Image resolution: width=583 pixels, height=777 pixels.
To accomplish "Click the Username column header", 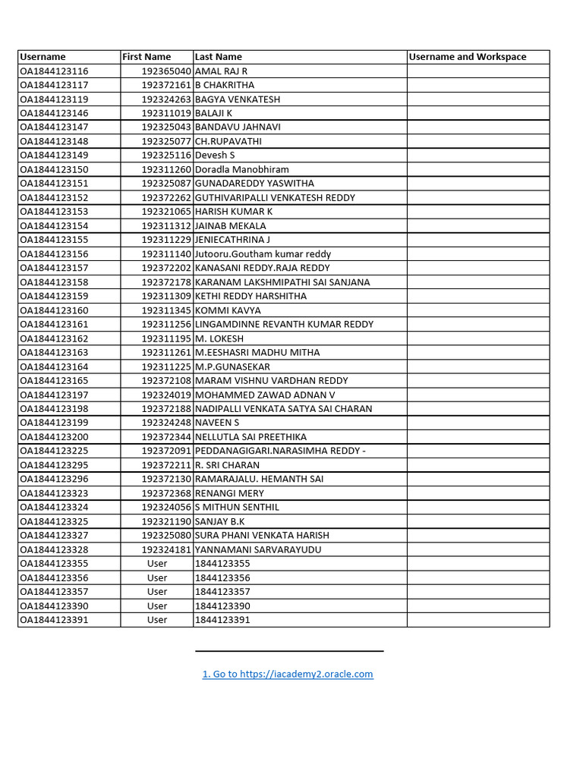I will [x=43, y=57].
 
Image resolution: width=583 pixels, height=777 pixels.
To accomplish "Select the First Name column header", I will [x=147, y=57].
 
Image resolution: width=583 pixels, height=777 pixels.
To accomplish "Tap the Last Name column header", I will [x=219, y=57].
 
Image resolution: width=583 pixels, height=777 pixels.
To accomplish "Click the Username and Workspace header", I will [x=467, y=57].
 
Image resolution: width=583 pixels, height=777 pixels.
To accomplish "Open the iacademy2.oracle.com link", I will [x=288, y=674].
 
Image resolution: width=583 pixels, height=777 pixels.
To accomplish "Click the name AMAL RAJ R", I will [x=222, y=71].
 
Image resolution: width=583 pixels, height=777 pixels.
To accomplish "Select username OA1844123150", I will [x=54, y=169].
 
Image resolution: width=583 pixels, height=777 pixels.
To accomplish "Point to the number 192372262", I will [x=166, y=197].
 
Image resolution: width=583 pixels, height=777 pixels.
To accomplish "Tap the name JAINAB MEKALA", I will [x=231, y=225].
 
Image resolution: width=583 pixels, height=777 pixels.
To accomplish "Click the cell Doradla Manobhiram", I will [x=242, y=169].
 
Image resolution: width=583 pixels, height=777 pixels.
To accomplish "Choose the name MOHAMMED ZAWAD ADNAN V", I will [x=265, y=395].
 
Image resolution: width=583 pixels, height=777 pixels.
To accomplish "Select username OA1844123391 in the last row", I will [x=54, y=620].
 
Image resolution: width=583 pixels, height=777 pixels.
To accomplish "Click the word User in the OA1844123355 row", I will [x=157, y=564].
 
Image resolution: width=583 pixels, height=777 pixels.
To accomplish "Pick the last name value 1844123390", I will [x=222, y=606].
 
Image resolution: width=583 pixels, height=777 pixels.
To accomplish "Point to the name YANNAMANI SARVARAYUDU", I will [x=258, y=549].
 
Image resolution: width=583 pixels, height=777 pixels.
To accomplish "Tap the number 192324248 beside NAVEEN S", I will [x=166, y=423].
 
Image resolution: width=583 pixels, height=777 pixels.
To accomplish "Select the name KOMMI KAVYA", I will [x=228, y=310].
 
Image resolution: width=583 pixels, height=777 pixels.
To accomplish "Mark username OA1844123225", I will [x=54, y=451].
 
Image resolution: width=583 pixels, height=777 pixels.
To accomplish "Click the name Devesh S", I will [x=215, y=156].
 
